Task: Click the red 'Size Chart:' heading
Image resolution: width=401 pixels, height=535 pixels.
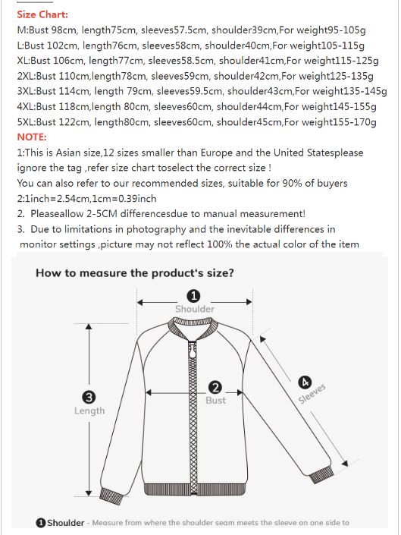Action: click(x=42, y=14)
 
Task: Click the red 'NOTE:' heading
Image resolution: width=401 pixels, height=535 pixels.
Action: click(x=31, y=137)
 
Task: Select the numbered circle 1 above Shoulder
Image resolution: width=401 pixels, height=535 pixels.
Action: click(x=194, y=296)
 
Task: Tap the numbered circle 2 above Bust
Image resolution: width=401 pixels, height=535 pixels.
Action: click(x=215, y=387)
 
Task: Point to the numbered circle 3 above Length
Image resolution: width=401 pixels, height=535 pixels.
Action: click(x=89, y=397)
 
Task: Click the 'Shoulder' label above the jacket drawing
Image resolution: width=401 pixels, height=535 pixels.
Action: click(x=194, y=309)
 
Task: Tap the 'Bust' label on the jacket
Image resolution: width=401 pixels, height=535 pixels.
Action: click(x=215, y=400)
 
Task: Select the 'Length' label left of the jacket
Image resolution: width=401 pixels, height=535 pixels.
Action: click(x=89, y=411)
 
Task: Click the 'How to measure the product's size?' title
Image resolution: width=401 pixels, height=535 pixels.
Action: click(x=134, y=273)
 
